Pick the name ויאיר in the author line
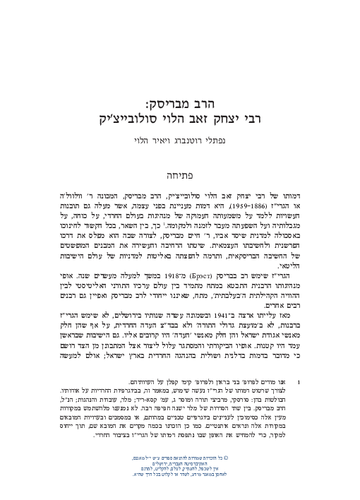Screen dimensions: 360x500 (x=154, y=141)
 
